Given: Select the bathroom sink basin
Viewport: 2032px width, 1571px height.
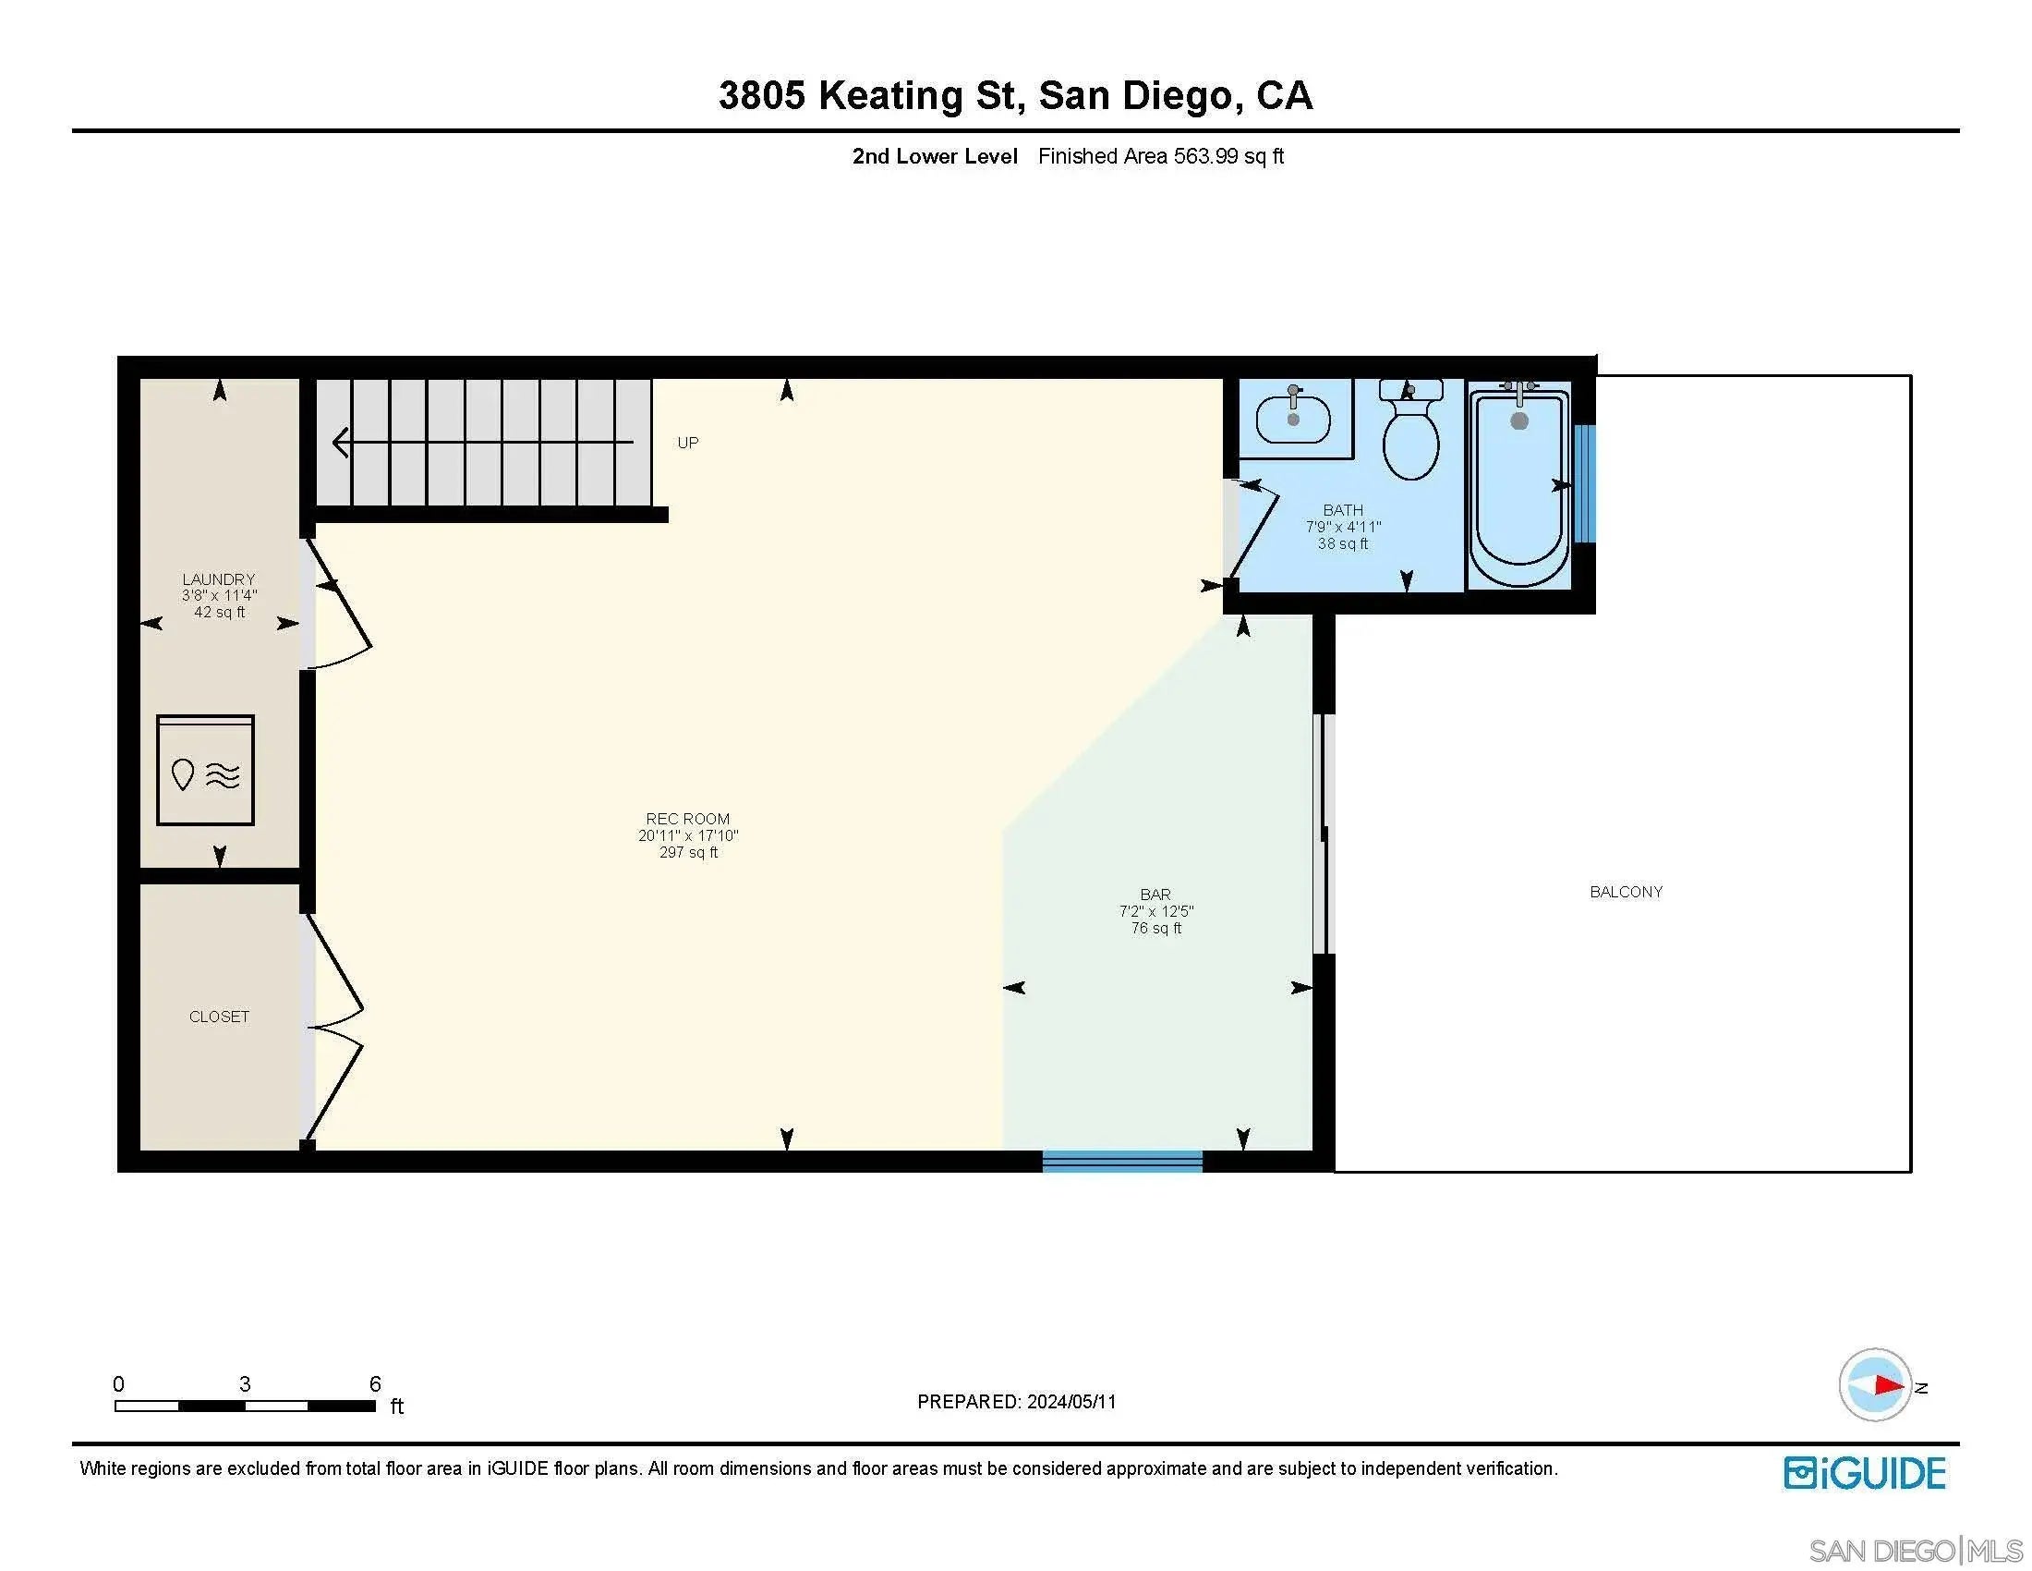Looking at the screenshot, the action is click(x=1293, y=419).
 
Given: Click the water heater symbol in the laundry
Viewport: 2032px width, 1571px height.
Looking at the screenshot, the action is click(x=206, y=770).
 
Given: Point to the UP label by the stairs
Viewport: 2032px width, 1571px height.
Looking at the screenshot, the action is click(x=687, y=443).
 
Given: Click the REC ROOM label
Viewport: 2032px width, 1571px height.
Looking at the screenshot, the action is click(x=687, y=819).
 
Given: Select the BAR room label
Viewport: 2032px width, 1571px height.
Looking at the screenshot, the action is click(x=1155, y=895).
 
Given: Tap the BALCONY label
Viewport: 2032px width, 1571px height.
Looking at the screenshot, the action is click(x=1626, y=892).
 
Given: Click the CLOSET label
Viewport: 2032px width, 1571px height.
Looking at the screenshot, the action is click(x=219, y=1017).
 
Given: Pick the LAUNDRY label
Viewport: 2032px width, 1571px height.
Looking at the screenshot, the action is click(x=219, y=578).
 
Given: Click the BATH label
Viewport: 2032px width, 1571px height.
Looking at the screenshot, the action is click(x=1343, y=510).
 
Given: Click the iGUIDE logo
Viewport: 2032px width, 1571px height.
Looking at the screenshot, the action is click(x=1865, y=1473).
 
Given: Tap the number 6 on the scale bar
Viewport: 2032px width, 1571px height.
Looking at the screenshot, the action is click(x=375, y=1384).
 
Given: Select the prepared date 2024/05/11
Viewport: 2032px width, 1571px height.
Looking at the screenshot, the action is click(x=1070, y=1402).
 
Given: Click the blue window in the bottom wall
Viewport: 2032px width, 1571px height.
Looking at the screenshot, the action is click(x=1122, y=1161).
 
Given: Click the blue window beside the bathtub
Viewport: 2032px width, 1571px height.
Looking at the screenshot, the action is click(x=1584, y=483).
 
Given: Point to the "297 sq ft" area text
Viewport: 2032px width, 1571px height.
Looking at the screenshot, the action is click(x=688, y=853).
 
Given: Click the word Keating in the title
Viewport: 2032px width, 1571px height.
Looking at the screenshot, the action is click(x=890, y=96).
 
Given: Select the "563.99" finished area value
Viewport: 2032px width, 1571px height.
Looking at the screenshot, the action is click(x=1205, y=156).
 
